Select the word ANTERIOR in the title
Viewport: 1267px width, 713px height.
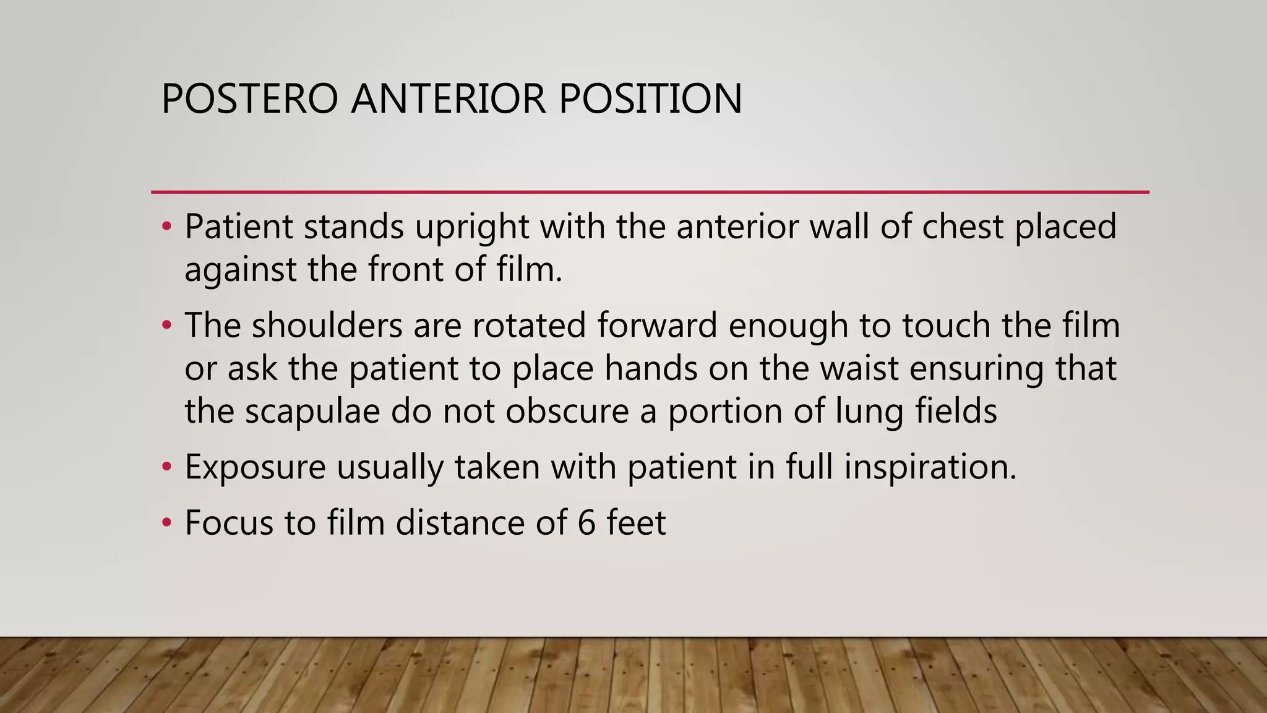(449, 99)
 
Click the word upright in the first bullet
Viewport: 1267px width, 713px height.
(471, 227)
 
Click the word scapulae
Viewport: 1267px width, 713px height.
(312, 412)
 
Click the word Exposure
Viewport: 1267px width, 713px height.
(255, 468)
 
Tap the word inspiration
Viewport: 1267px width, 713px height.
(930, 468)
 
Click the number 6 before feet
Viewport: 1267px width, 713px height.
(586, 523)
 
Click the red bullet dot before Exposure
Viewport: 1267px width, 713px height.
(166, 467)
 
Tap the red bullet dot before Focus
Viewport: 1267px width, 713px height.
(166, 522)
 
